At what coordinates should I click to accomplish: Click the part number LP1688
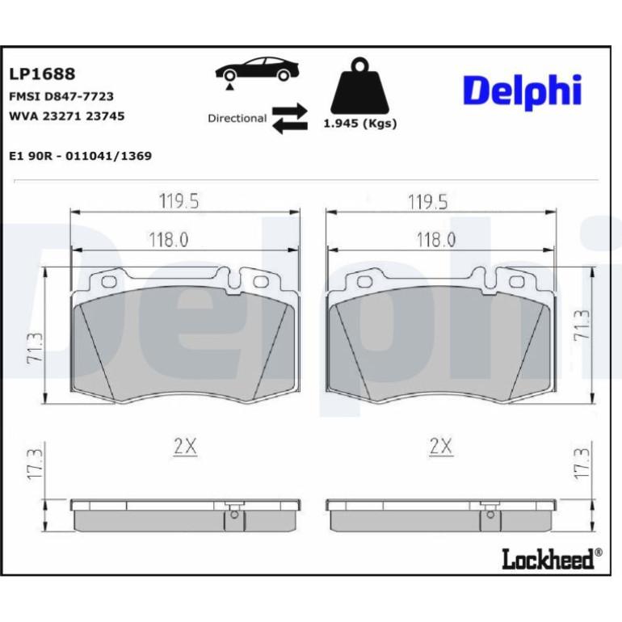click(x=42, y=74)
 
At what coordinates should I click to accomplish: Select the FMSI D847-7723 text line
click(x=61, y=96)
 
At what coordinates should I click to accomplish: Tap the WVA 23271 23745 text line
click(x=66, y=116)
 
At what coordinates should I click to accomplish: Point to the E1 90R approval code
click(x=80, y=156)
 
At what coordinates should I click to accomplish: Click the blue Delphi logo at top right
click(x=523, y=92)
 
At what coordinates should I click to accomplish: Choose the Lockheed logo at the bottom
click(x=552, y=558)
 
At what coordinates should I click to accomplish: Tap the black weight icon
click(x=359, y=86)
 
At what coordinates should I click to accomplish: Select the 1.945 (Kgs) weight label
click(x=360, y=124)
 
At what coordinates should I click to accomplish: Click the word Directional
click(x=237, y=118)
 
